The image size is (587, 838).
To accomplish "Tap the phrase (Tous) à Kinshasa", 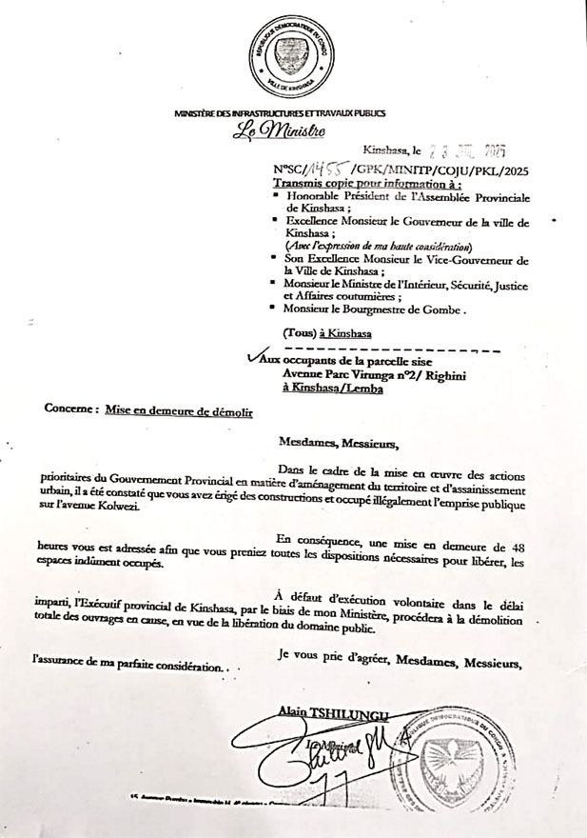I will click(327, 332).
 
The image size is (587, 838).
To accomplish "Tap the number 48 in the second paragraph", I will click(539, 546).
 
